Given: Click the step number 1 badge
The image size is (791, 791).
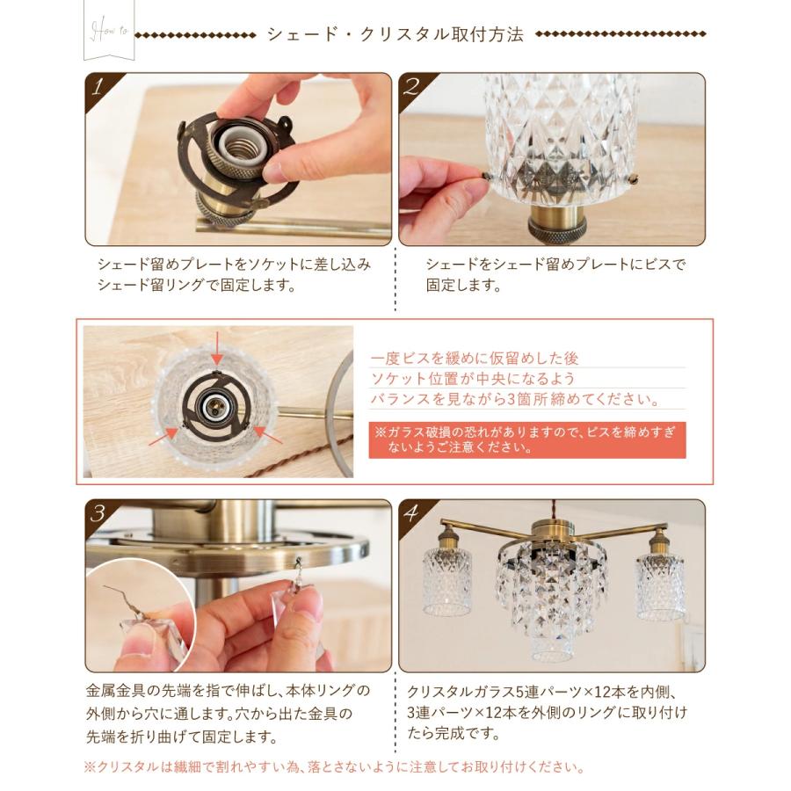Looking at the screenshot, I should (99, 86).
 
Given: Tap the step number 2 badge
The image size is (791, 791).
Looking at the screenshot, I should (411, 86).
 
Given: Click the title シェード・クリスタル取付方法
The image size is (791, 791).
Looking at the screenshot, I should (395, 35).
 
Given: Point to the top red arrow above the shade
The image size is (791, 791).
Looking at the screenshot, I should (216, 346).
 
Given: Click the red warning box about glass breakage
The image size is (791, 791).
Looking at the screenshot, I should (527, 439).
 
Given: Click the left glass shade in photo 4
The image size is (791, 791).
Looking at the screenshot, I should (446, 580).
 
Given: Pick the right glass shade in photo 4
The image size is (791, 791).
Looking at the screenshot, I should (660, 585).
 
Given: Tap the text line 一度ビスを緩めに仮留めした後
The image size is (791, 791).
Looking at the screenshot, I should (475, 359).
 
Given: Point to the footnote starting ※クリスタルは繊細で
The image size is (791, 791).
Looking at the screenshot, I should (334, 766).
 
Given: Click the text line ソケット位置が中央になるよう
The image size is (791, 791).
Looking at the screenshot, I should (473, 379).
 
